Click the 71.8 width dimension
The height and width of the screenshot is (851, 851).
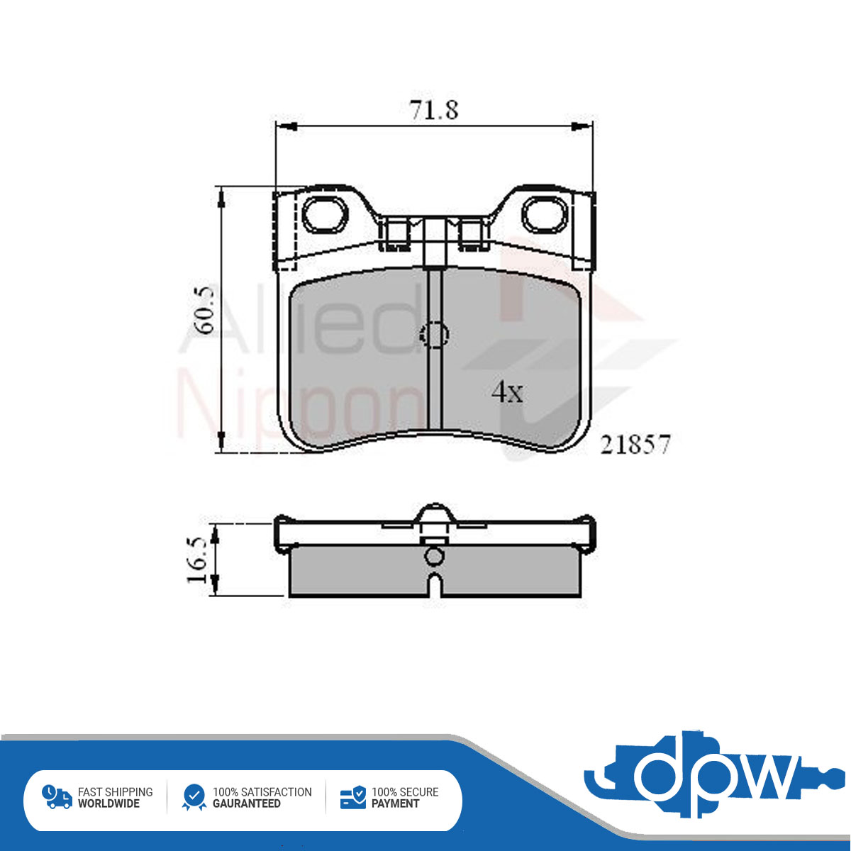(x=434, y=110)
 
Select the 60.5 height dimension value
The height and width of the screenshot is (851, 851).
(x=206, y=309)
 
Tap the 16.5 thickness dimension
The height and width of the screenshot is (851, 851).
(x=197, y=560)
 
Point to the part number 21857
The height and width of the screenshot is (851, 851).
(x=635, y=444)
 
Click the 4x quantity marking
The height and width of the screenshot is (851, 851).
(x=508, y=392)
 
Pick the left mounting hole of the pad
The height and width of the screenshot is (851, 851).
(x=325, y=215)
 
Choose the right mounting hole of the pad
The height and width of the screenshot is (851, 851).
(x=545, y=215)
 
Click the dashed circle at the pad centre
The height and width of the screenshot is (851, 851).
(x=434, y=335)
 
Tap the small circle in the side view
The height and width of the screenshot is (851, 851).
(x=434, y=556)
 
